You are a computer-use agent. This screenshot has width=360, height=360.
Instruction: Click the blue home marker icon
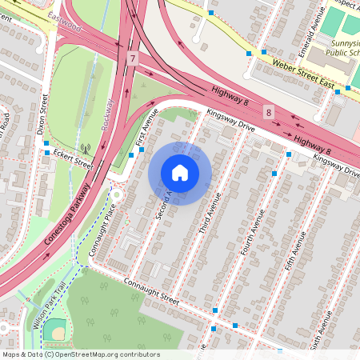coord(180,172)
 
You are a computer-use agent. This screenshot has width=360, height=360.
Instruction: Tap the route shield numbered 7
coord(132,58)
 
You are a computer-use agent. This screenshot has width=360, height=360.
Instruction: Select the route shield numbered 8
coord(269,113)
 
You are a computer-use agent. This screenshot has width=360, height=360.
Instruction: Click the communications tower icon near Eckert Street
coord(86,148)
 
